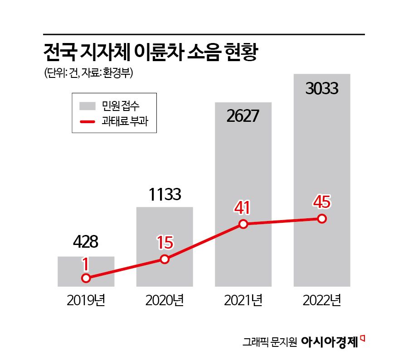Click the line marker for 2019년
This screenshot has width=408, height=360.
[x=86, y=278]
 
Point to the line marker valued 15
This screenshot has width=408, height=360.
[x=165, y=259]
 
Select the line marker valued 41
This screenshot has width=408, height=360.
[x=243, y=224]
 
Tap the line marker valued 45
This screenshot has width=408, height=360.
[x=322, y=219]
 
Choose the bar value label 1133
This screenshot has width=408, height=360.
[x=165, y=195]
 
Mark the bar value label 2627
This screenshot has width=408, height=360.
[x=243, y=116]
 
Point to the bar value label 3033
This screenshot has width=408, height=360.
[x=322, y=88]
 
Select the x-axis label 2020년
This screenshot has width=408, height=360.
[x=165, y=300]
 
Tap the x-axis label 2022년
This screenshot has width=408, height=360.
[x=322, y=300]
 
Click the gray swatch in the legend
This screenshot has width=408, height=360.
[x=87, y=106]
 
